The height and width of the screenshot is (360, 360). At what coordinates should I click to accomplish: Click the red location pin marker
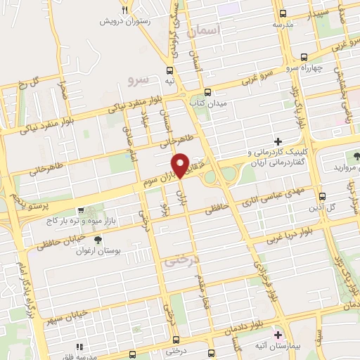(181, 165)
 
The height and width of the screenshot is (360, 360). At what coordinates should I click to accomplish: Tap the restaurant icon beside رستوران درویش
(124, 11)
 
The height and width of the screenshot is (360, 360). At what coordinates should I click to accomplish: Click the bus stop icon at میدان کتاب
(207, 91)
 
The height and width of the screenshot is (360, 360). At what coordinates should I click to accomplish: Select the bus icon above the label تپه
(169, 70)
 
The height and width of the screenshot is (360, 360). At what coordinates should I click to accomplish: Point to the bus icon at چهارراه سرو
(303, 56)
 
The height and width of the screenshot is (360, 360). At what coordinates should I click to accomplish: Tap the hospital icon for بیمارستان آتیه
(277, 334)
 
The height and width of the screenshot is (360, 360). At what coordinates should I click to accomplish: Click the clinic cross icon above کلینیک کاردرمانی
(278, 142)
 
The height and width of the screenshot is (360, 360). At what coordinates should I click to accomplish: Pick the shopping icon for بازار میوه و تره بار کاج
(82, 210)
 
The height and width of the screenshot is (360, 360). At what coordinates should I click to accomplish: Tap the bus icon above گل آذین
(322, 197)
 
